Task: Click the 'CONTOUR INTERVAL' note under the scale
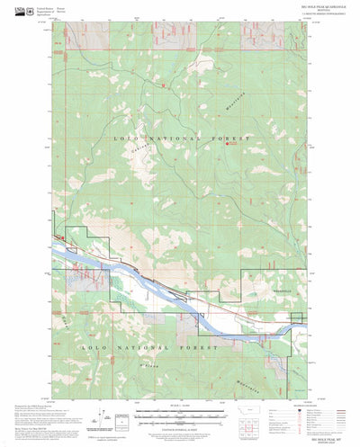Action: [180, 425]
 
